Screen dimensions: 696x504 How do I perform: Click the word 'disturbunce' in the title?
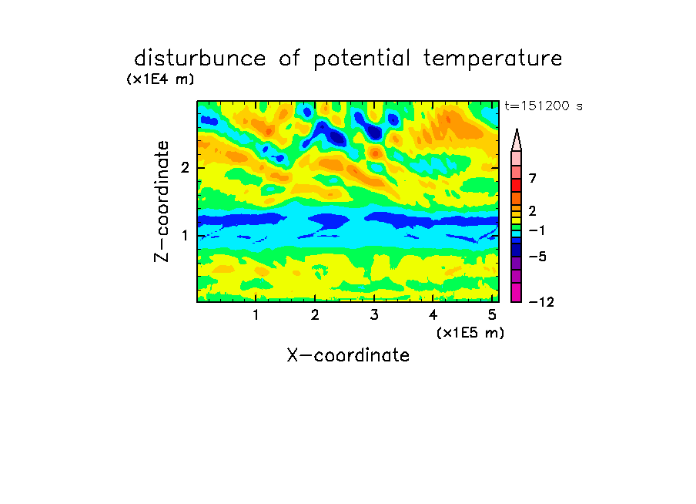pyautogui.click(x=200, y=58)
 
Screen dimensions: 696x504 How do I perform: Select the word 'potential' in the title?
pyautogui.click(x=362, y=59)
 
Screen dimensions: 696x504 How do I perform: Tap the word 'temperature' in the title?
pyautogui.click(x=493, y=59)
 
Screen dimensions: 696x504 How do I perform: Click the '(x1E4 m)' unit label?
pyautogui.click(x=160, y=79)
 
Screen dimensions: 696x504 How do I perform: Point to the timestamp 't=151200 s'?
pyautogui.click(x=544, y=106)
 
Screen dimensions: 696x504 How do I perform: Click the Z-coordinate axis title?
pyautogui.click(x=162, y=201)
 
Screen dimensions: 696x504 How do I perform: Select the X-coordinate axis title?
pyautogui.click(x=348, y=355)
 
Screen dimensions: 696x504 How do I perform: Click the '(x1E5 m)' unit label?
pyautogui.click(x=470, y=332)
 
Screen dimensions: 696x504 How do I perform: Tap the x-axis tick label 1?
pyautogui.click(x=256, y=315)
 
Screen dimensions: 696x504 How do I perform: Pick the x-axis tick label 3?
pyautogui.click(x=374, y=315)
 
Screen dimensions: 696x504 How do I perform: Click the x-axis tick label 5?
pyautogui.click(x=492, y=315)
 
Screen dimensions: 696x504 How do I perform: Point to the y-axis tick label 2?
pyautogui.click(x=185, y=168)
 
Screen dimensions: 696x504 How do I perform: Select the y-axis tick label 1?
pyautogui.click(x=185, y=236)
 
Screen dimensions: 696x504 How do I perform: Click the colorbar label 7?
pyautogui.click(x=533, y=179)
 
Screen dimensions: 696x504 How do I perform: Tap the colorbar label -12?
pyautogui.click(x=541, y=302)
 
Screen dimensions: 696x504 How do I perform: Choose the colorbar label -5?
pyautogui.click(x=537, y=257)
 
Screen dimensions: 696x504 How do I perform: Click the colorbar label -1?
pyautogui.click(x=537, y=230)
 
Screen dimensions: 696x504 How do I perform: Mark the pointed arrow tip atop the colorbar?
pyautogui.click(x=517, y=129)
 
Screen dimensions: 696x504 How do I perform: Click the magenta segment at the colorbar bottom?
pyautogui.click(x=517, y=292)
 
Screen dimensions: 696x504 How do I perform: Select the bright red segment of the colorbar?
pyautogui.click(x=517, y=185)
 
